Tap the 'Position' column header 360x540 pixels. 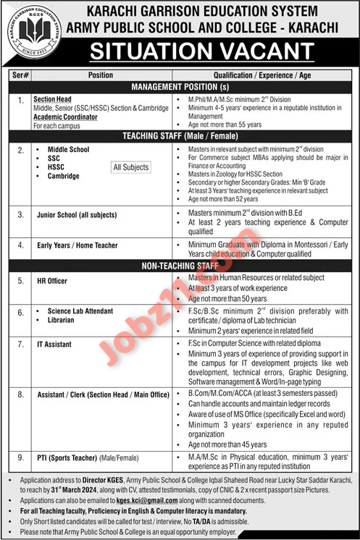(x=101, y=75)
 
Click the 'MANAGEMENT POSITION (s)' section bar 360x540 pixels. (x=180, y=86)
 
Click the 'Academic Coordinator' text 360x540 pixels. (x=65, y=116)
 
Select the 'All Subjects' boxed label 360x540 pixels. (x=131, y=167)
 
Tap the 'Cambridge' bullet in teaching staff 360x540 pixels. (x=63, y=176)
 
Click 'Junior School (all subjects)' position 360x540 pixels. (x=78, y=214)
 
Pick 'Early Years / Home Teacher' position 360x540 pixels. (x=78, y=245)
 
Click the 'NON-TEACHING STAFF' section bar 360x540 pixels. (x=180, y=266)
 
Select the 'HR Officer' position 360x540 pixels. (x=55, y=280)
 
